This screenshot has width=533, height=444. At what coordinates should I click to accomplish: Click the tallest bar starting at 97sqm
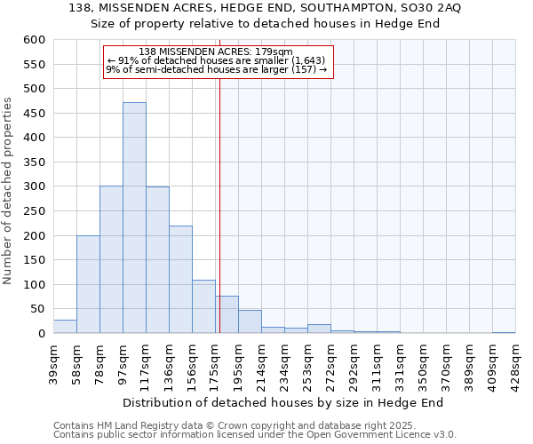(x=134, y=218)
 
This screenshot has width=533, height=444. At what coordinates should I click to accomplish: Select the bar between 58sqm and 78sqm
(x=88, y=284)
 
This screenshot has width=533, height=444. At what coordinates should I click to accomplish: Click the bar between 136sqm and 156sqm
(x=180, y=280)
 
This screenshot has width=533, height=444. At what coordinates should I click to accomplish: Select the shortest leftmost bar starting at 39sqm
(x=65, y=327)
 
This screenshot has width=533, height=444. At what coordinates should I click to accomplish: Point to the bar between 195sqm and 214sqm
(x=250, y=321)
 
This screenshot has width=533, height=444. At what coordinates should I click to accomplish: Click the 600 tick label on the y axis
(x=33, y=40)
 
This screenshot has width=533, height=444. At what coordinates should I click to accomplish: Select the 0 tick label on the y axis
(x=40, y=334)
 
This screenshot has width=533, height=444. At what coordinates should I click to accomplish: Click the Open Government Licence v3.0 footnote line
(x=254, y=434)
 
